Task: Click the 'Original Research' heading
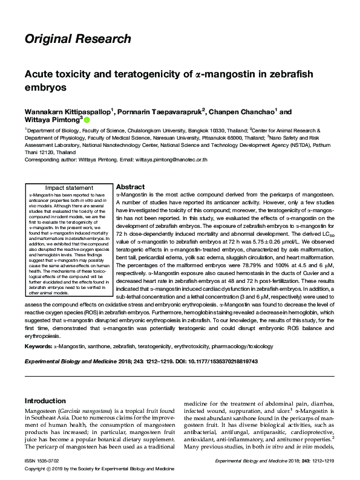(77, 40)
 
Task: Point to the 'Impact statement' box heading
(67, 188)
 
